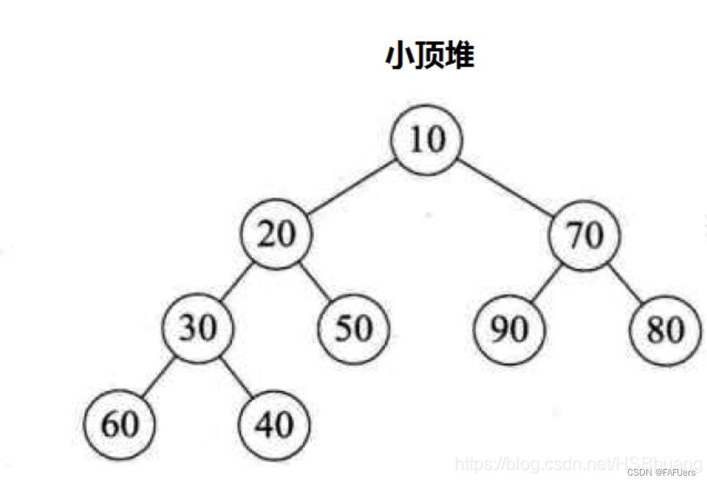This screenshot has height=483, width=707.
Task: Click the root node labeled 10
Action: [x=427, y=139]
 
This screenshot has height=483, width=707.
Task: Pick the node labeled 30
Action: [x=197, y=327]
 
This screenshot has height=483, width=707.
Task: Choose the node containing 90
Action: [x=509, y=328]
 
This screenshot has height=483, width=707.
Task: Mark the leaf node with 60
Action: [x=119, y=425]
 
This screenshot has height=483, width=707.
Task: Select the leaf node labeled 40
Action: [x=275, y=425]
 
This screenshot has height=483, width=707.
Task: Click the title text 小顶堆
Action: [x=429, y=56]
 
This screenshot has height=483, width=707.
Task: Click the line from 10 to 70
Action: [x=507, y=187]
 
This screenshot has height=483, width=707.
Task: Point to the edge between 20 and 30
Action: [x=237, y=282]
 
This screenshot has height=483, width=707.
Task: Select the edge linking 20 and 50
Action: [x=315, y=282]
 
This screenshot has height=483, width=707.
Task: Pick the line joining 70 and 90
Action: [x=547, y=282]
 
